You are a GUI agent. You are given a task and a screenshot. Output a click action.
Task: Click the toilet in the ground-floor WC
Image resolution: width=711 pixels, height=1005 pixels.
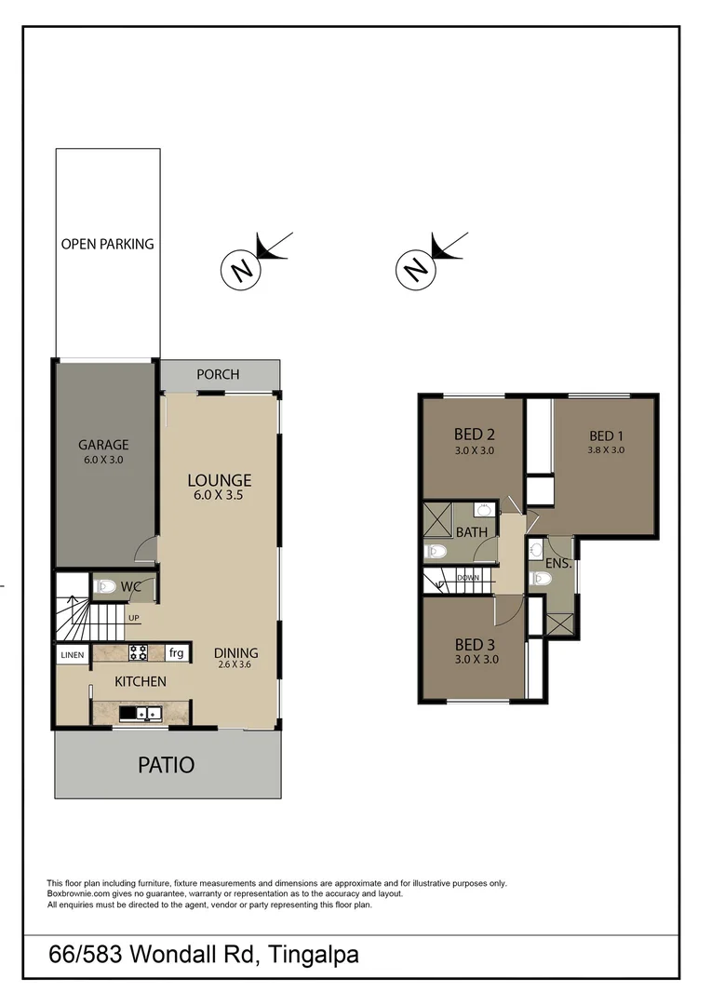(x=105, y=586)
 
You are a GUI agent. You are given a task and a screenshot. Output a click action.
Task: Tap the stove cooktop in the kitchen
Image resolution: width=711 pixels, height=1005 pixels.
(x=139, y=652)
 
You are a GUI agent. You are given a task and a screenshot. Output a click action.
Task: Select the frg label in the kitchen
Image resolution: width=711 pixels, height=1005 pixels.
(x=175, y=653)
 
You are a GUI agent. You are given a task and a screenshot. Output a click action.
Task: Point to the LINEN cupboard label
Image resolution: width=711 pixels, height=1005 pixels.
(x=73, y=655)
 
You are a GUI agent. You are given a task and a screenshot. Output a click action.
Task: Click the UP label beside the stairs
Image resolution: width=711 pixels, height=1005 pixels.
(x=134, y=618)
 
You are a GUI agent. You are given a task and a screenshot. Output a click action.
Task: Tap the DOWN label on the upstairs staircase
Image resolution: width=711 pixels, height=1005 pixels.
(x=468, y=578)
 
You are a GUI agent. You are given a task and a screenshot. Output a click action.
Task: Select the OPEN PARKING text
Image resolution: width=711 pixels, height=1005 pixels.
(x=107, y=244)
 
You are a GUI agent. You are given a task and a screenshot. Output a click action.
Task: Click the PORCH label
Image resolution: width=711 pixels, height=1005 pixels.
(x=218, y=374)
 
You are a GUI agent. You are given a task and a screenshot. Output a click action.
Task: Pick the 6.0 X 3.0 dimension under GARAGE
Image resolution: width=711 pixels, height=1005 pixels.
(x=102, y=460)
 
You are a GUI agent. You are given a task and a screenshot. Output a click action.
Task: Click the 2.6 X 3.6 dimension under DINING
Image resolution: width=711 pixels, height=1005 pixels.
(x=235, y=665)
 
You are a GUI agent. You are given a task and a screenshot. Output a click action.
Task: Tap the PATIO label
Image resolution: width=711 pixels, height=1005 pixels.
(x=167, y=765)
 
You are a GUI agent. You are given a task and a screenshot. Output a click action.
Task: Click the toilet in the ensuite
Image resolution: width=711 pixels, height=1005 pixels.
(x=539, y=578)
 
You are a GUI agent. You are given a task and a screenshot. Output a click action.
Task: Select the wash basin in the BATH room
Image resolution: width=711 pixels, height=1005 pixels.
(x=484, y=510)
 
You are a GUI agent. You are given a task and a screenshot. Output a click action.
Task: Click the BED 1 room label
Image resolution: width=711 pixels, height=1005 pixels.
(x=606, y=435)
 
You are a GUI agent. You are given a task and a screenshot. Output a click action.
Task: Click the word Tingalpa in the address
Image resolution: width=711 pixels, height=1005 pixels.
(x=313, y=955)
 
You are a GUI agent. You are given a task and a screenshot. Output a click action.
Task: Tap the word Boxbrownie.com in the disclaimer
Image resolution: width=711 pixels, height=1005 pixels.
(x=74, y=893)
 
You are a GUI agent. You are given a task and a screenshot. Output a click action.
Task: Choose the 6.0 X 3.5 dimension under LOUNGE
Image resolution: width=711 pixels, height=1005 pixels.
(x=220, y=496)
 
